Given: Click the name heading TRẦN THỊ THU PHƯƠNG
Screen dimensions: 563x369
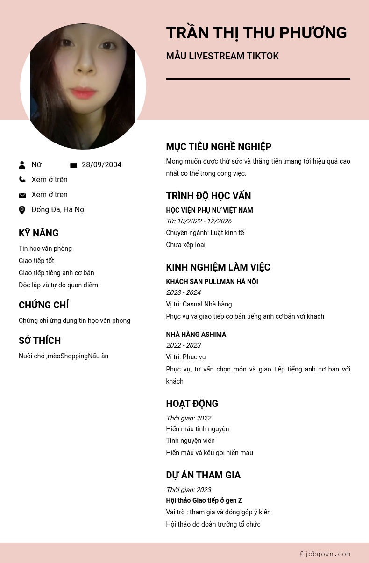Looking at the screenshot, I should click(256, 33).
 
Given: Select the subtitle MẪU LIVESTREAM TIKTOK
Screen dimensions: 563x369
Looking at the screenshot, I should click(222, 57).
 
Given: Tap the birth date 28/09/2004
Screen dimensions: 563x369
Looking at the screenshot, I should click(101, 165).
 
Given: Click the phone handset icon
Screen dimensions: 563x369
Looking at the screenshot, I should click(22, 179).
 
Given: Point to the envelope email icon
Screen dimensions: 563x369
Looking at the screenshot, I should click(22, 195).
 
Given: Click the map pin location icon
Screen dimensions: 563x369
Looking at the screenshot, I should click(22, 210).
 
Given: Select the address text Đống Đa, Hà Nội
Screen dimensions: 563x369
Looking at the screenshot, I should click(58, 210).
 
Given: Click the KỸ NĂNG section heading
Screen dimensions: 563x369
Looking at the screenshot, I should click(39, 233).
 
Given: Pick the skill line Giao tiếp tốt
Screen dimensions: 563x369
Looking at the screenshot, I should click(36, 261).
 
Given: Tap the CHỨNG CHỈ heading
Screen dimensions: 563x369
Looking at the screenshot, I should click(43, 305).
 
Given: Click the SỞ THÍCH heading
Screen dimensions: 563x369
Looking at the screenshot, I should click(40, 341).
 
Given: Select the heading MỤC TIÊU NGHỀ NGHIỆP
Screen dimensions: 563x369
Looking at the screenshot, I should click(219, 147).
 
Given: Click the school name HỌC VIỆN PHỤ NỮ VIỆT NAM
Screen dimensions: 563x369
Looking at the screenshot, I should click(209, 210).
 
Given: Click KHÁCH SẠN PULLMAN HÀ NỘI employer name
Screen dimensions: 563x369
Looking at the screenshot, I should click(212, 282).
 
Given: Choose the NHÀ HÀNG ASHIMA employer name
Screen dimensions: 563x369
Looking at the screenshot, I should click(196, 335).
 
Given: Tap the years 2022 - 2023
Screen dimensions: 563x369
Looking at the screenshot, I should click(184, 345).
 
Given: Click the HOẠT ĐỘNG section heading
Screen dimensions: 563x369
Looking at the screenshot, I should click(192, 404).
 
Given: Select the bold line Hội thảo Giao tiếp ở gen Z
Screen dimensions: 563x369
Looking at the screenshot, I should click(204, 500).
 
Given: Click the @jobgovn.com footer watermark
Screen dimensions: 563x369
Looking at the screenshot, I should click(325, 554).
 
